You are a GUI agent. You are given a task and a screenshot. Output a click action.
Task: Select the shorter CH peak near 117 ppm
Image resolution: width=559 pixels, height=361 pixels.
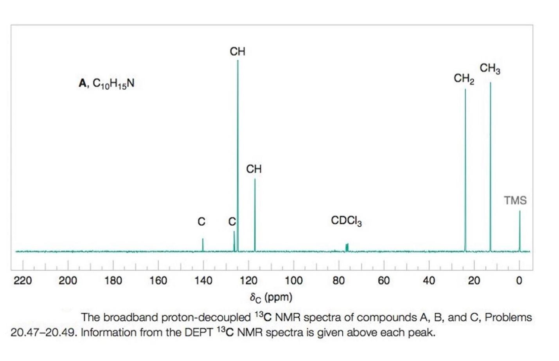(255, 215)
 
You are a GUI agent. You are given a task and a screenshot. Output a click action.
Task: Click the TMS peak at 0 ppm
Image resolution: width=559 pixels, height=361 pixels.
(519, 231)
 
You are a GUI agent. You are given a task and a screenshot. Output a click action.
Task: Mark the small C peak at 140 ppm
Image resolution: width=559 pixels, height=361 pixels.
(203, 245)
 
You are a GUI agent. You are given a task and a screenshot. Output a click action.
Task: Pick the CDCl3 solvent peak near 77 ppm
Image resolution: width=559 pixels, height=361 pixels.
(347, 247)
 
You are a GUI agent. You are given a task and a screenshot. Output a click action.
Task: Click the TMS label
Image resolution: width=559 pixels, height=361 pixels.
(515, 200)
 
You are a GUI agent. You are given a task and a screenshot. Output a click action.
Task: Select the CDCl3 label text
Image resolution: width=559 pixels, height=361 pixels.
(346, 221)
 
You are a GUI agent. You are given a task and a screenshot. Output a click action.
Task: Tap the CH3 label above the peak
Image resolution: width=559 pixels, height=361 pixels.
(490, 69)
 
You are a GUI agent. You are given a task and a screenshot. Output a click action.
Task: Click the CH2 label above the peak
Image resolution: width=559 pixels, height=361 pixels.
(464, 79)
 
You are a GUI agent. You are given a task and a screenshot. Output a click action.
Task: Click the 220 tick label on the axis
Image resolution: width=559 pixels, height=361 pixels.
(23, 281)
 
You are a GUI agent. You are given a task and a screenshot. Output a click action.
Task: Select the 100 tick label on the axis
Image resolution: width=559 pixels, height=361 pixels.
(293, 281)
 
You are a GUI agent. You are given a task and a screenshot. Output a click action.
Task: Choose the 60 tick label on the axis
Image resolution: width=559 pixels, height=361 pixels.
(384, 281)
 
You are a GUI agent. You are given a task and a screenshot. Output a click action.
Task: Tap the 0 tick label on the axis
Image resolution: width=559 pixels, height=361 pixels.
(519, 281)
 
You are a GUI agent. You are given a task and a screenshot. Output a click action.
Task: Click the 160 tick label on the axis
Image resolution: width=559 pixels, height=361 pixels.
(158, 281)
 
